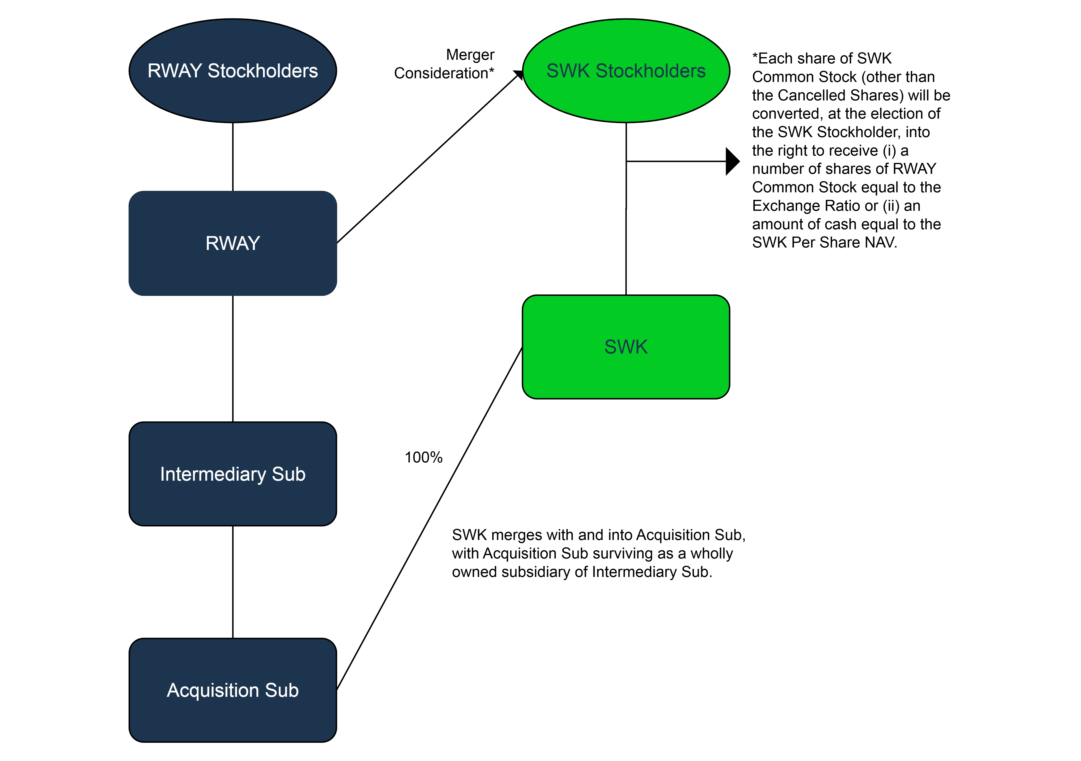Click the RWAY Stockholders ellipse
[233, 71]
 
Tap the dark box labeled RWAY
[233, 243]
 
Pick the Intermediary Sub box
[233, 474]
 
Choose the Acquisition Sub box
[233, 690]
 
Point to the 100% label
[423, 457]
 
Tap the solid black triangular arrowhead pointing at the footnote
[732, 161]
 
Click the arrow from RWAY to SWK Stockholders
[428, 158]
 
